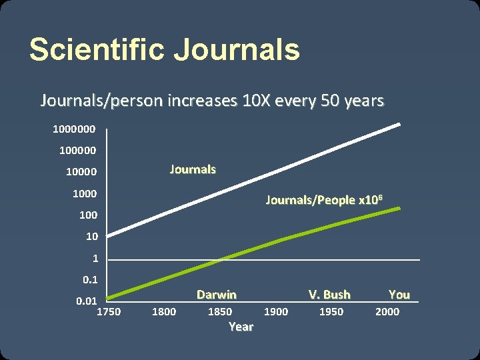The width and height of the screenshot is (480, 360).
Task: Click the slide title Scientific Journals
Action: point(164,50)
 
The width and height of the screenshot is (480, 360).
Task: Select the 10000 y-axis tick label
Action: point(81,171)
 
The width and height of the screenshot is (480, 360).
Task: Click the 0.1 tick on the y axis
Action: point(89,280)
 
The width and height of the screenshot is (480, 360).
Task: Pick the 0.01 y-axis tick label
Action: point(87,301)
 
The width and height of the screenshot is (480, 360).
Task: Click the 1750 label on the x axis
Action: point(109,311)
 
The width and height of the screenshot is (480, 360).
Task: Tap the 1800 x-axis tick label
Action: point(164,311)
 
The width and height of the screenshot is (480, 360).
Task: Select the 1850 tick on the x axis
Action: point(220,311)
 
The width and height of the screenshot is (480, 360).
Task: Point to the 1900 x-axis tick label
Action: point(276,311)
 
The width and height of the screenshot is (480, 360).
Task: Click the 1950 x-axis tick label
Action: point(331,311)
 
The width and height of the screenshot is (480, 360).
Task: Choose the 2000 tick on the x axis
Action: point(387,311)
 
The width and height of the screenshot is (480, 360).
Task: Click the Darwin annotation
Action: point(216,295)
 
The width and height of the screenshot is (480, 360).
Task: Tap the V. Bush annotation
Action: point(329,295)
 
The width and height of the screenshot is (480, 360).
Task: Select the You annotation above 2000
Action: point(399,295)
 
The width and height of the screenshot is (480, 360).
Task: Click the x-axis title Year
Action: point(241,327)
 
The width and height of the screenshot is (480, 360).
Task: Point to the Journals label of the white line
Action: point(193,169)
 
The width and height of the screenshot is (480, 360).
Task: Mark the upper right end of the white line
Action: point(399,124)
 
